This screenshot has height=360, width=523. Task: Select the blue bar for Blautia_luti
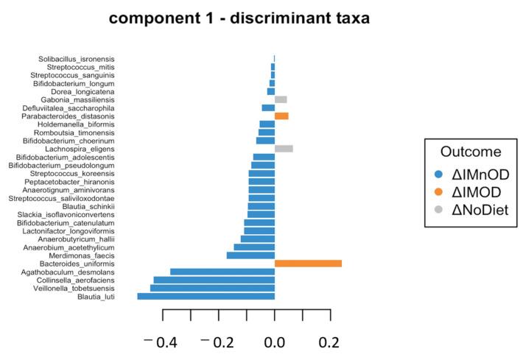click(206, 296)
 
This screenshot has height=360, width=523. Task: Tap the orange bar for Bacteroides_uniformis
click(308, 263)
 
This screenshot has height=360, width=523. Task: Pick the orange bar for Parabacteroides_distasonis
click(281, 116)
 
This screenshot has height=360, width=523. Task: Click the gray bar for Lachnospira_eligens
click(284, 149)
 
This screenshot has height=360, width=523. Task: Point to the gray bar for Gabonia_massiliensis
click(281, 99)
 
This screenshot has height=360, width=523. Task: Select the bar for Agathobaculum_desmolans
click(222, 272)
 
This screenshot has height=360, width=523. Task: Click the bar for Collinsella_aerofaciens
click(214, 280)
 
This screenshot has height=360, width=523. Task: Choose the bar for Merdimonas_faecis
click(250, 255)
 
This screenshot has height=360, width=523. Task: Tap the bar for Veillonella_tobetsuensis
click(212, 288)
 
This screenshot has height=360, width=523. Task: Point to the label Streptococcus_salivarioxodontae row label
click(61, 198)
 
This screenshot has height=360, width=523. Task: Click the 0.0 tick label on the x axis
click(274, 342)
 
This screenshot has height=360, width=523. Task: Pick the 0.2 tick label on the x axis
click(330, 342)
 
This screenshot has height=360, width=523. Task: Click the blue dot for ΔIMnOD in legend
click(439, 174)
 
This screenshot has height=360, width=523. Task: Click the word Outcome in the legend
click(471, 152)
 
